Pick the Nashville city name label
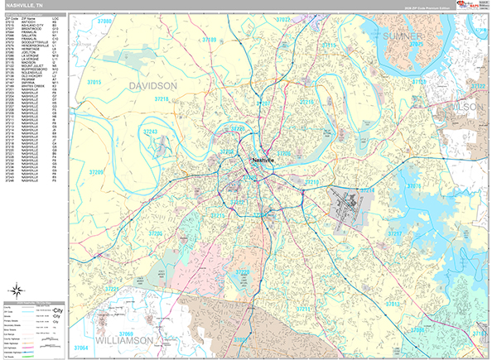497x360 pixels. click(263, 161)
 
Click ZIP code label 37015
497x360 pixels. click(94, 84)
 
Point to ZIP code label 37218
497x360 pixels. click(161, 99)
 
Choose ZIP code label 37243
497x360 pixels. click(150, 132)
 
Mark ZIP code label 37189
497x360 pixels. click(209, 40)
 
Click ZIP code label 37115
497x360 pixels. click(329, 46)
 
